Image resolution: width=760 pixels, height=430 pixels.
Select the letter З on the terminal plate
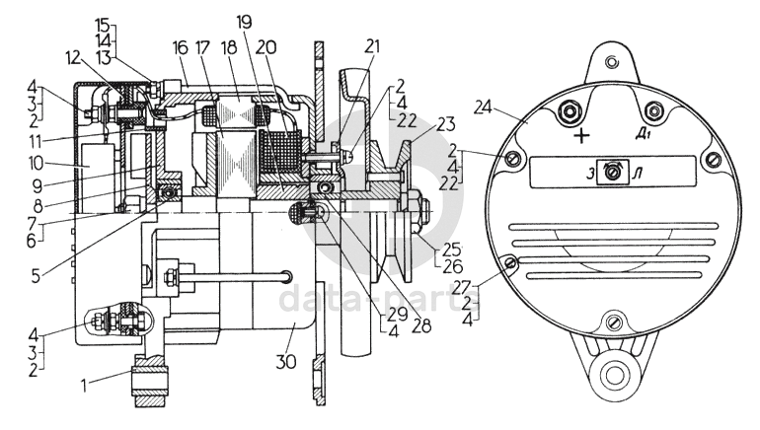point(590,175)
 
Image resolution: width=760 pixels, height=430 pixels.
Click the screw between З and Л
point(614,174)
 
